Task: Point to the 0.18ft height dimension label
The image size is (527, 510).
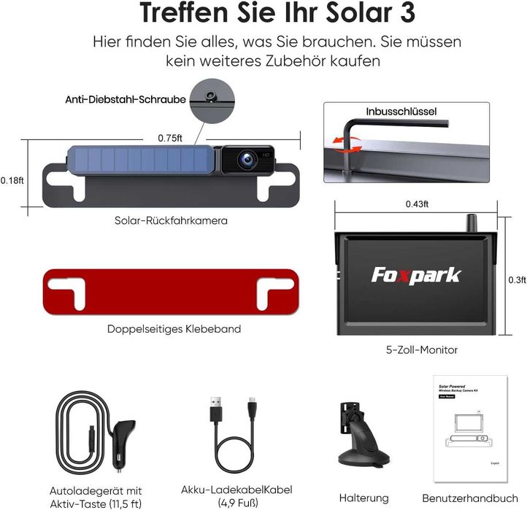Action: pos(12,180)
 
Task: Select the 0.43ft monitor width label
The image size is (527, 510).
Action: pos(417,204)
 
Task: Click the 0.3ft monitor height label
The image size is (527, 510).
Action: pos(516,279)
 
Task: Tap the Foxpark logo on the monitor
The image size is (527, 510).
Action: pos(416,276)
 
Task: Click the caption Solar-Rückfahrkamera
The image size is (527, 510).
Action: pos(172,220)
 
